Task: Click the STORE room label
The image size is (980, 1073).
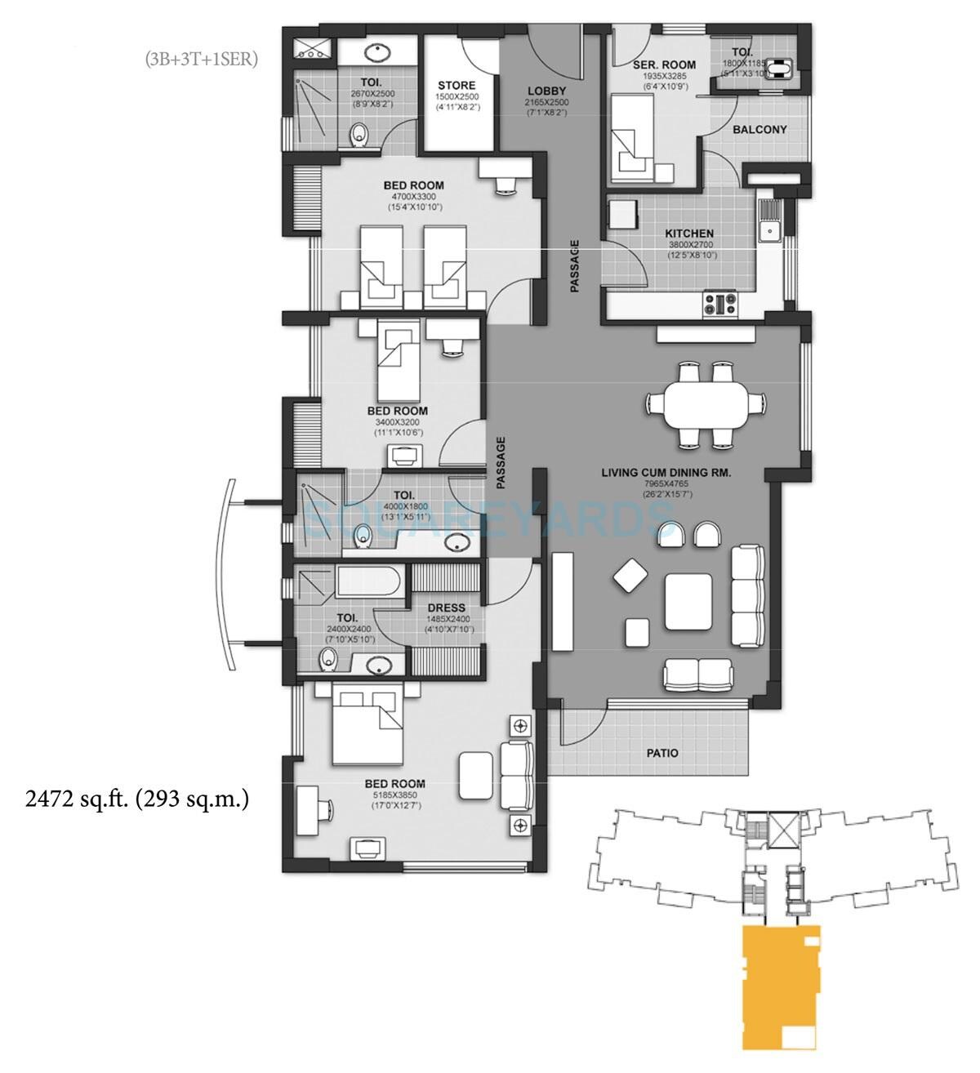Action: (457, 85)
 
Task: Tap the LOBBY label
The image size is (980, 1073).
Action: (546, 91)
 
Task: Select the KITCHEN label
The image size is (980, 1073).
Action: (690, 234)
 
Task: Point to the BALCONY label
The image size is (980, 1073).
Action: (759, 129)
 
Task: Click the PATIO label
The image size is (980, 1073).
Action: (662, 753)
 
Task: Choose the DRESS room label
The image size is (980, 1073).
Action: (446, 608)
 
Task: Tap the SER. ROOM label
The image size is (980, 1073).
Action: (664, 65)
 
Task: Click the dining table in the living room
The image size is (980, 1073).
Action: (706, 404)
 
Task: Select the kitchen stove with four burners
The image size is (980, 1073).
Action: (720, 305)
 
